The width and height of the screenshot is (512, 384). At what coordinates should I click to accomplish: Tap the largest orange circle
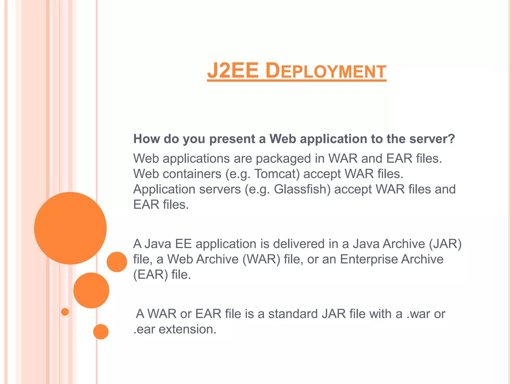[x=70, y=228]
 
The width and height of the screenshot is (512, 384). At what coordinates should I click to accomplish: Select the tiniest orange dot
[x=65, y=312]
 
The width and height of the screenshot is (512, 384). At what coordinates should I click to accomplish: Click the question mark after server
[x=451, y=139]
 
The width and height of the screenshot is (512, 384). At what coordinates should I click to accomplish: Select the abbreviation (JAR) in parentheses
[x=445, y=244]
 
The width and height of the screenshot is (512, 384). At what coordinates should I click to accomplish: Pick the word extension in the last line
[x=187, y=329]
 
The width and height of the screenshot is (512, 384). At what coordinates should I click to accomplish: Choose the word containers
[x=192, y=174]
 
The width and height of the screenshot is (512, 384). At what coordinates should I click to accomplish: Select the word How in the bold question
[x=146, y=139]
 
